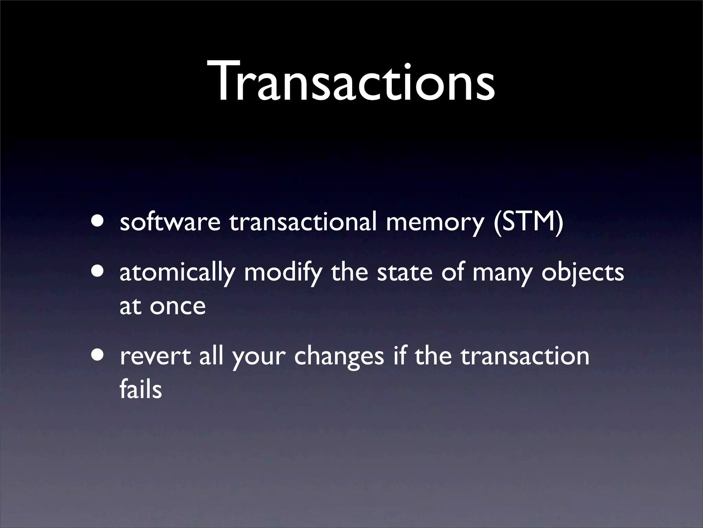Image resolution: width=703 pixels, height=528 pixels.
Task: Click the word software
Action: coord(170,222)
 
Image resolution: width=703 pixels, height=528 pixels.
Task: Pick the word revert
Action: coord(155,356)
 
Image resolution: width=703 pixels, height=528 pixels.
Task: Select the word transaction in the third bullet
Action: coord(525,356)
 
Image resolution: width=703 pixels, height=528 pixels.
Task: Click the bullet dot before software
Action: coord(99,220)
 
